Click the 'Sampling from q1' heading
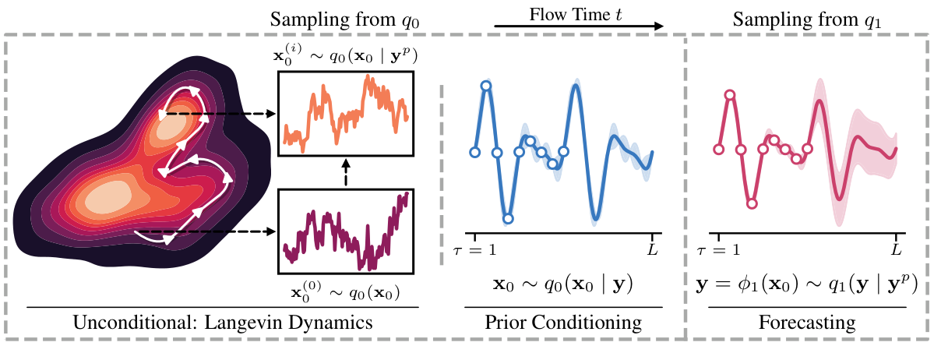pyautogui.click(x=802, y=19)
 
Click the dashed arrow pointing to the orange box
pyautogui.click(x=234, y=114)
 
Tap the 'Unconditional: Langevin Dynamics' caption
pyautogui.click(x=222, y=322)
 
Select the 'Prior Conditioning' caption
pyautogui.click(x=564, y=322)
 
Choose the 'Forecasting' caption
pyautogui.click(x=806, y=322)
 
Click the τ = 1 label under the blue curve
pyautogui.click(x=474, y=252)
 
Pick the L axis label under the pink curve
pyautogui.click(x=897, y=252)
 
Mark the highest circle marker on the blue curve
pyautogui.click(x=486, y=86)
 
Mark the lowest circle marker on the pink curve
pyautogui.click(x=752, y=203)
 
